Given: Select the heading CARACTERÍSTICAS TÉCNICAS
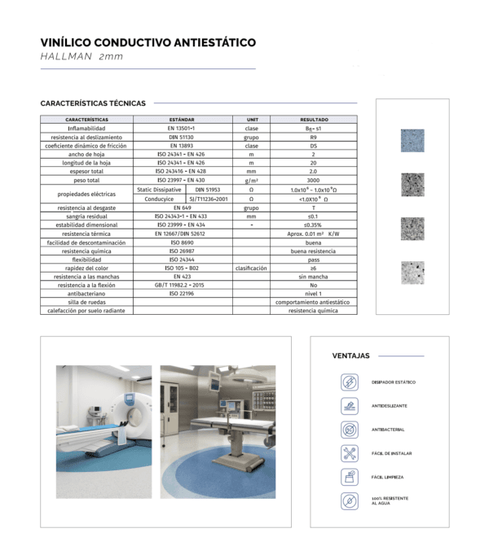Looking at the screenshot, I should pyautogui.click(x=92, y=103).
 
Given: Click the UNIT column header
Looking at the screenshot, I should pyautogui.click(x=252, y=120).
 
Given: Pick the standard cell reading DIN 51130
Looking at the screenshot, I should pyautogui.click(x=182, y=137).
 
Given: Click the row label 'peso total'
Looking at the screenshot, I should pyautogui.click(x=86, y=180).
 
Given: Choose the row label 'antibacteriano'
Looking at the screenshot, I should pyautogui.click(x=86, y=294).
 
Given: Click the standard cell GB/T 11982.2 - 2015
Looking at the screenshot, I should pyautogui.click(x=182, y=286).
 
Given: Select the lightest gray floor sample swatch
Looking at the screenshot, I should pyautogui.click(x=412, y=272).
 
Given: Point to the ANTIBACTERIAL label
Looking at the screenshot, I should pyautogui.click(x=388, y=430).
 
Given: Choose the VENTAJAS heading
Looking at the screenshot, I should pyautogui.click(x=350, y=356).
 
